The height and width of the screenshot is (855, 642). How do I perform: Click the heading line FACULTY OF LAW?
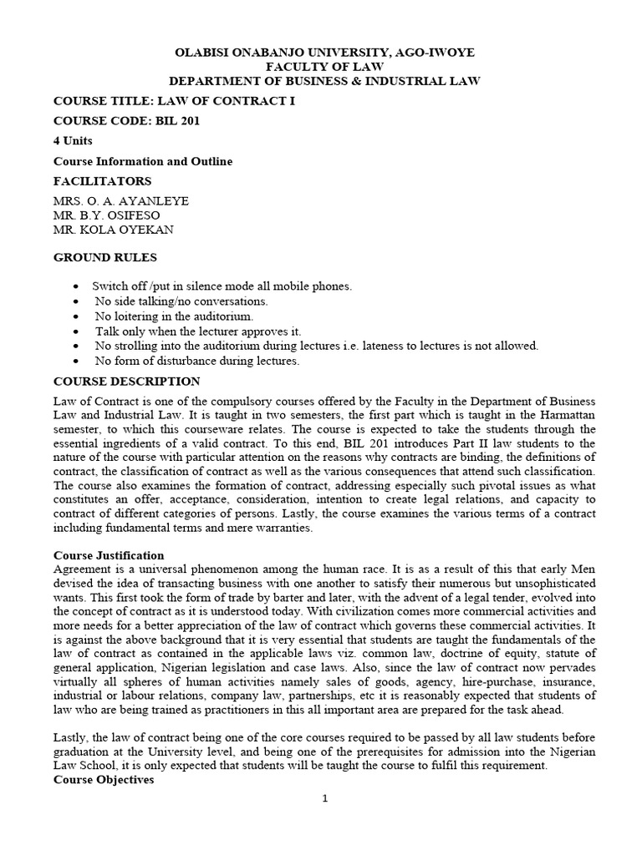coord(324,66)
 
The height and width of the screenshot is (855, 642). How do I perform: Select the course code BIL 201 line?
coord(127,120)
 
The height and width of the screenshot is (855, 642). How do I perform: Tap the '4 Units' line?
coord(74,141)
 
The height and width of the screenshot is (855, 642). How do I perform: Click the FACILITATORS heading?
coord(103,181)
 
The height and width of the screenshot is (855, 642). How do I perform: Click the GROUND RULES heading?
coord(105,257)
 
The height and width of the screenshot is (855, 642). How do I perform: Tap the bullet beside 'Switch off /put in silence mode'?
coord(77,286)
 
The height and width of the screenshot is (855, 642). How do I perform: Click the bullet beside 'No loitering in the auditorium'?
coord(77,316)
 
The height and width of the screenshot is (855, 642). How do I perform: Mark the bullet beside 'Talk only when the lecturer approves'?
coord(77,331)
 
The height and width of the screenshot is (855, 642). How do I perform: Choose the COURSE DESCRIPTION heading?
coord(127,382)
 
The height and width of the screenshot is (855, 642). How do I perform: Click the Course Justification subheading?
coord(109,555)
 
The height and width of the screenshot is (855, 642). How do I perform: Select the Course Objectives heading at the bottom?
coord(104,781)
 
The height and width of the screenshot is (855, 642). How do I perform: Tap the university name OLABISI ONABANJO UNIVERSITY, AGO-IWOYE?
coord(324,52)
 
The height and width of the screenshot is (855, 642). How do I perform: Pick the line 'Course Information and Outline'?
coord(143,161)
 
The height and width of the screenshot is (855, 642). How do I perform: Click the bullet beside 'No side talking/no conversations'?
coord(77,301)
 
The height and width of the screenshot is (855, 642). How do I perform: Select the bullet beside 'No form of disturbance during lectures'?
coord(77,362)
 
